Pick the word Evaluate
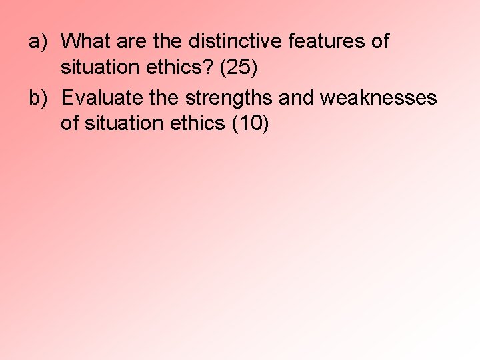[x=100, y=98]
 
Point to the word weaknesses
[x=379, y=98]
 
